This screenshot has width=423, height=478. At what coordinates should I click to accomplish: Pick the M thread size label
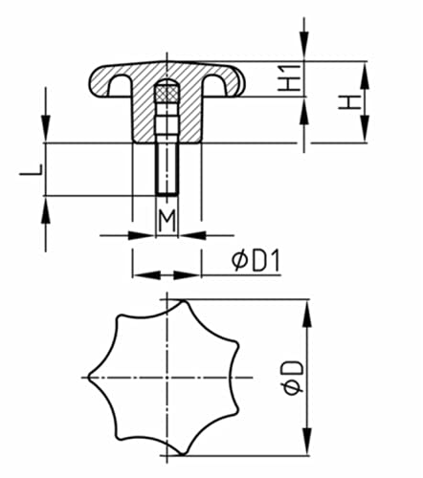pyautogui.click(x=167, y=222)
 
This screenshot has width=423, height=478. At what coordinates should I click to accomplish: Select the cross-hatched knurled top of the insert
pyautogui.click(x=167, y=94)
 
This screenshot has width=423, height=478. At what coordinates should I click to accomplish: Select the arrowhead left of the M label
pyautogui.click(x=144, y=234)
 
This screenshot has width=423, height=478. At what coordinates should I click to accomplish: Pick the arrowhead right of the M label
pyautogui.click(x=189, y=234)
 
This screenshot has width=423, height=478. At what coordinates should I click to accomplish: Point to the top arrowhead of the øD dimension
pyautogui.click(x=306, y=308)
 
